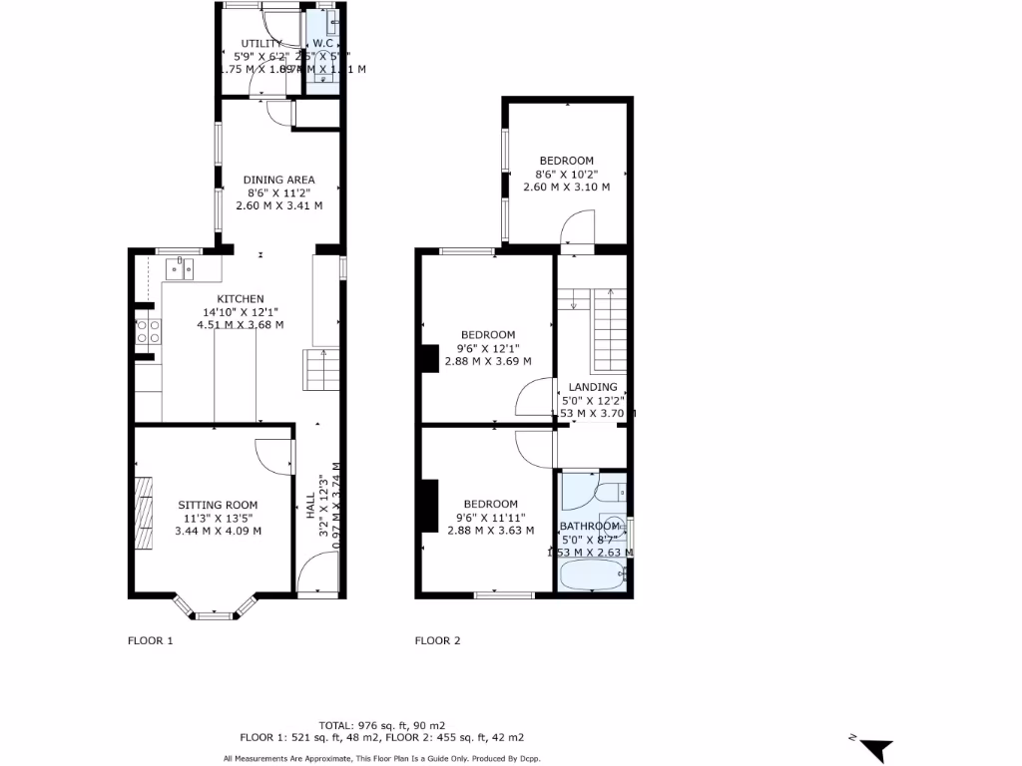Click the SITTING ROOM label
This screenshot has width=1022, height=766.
(x=218, y=505)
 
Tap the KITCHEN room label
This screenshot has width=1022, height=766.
(x=241, y=299)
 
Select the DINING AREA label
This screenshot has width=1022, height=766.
(x=279, y=181)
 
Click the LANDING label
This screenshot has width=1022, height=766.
(x=593, y=387)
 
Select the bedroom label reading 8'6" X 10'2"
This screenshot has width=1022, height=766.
(x=566, y=161)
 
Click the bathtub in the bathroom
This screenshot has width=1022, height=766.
(x=593, y=576)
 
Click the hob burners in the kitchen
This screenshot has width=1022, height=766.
(x=147, y=332)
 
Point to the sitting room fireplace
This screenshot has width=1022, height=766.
(x=146, y=512)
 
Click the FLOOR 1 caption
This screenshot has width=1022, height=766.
(x=151, y=641)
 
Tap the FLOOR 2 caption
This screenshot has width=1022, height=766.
(x=438, y=641)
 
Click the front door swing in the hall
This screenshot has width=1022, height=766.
(x=316, y=574)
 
